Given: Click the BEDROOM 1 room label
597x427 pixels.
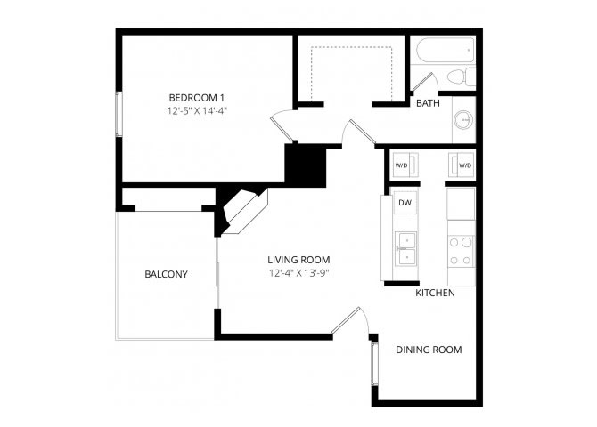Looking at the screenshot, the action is [x=196, y=98].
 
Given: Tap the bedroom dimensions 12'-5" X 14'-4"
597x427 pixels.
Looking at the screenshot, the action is [x=197, y=111].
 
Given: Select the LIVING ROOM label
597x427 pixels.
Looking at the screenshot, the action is [x=298, y=260].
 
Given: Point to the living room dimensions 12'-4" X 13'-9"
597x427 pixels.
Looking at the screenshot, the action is [x=298, y=273].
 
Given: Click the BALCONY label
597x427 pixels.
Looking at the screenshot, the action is [x=166, y=274].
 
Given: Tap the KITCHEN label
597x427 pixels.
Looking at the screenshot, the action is [x=435, y=293].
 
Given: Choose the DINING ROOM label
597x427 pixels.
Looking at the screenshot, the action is [x=429, y=350].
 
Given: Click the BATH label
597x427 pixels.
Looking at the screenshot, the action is [x=428, y=103].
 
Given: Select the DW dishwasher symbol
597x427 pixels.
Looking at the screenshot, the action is [x=405, y=203].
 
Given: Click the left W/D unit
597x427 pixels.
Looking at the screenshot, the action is [x=405, y=165].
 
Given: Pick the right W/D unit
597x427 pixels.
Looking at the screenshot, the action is [x=461, y=165].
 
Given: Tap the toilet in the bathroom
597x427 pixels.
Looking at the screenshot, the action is [x=461, y=77].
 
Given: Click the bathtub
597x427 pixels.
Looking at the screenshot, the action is [x=446, y=50].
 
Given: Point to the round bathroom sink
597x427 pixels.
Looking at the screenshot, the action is [x=463, y=120].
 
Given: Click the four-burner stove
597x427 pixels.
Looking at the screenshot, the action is [x=461, y=252].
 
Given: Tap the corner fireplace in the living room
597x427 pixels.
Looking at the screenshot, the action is [x=243, y=210].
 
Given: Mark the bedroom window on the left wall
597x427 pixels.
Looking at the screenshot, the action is [x=119, y=114].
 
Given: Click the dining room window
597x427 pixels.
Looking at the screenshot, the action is [x=374, y=364].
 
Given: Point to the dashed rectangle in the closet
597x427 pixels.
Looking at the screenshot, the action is [x=351, y=47].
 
